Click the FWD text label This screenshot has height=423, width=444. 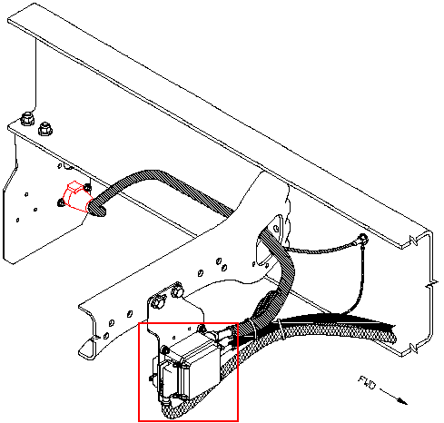point(367,383)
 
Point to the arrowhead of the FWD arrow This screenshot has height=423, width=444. point(403,400)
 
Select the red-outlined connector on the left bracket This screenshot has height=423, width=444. point(75,196)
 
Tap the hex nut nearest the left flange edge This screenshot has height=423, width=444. point(27,119)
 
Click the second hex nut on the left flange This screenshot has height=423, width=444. point(45,129)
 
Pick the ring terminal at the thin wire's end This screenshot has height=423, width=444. point(363,239)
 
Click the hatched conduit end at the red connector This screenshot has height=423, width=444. point(96,207)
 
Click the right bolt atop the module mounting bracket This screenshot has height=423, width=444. point(177,291)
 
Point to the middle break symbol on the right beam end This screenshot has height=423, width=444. point(431,284)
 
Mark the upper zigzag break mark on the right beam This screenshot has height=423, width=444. point(414,239)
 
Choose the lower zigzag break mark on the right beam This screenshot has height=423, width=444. point(414,349)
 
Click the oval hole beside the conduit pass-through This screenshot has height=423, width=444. point(276,228)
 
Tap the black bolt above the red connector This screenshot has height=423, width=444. point(87,188)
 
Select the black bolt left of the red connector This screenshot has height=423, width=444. point(61,202)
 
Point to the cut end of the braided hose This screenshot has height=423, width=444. point(392,334)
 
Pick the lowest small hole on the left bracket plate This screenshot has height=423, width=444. point(17,220)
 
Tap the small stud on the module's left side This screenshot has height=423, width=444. point(152,378)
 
